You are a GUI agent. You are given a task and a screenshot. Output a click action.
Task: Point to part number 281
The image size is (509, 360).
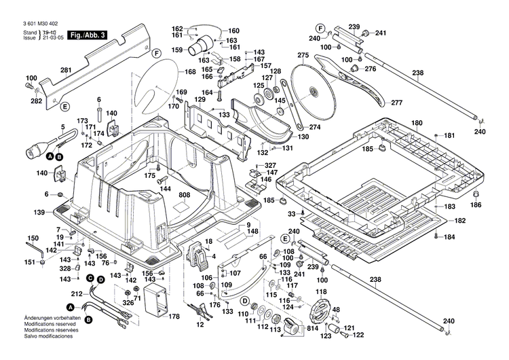click(65, 70)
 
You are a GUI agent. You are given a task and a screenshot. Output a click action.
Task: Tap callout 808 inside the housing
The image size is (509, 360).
click(184, 196)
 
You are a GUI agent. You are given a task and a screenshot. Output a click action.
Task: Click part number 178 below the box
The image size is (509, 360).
click(174, 317)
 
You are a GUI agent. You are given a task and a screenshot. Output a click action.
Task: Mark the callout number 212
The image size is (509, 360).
click(77, 293)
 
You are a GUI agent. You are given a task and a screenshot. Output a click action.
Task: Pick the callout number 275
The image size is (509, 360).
click(303, 54)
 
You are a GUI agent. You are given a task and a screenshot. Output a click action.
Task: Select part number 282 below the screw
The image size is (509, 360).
click(36, 102)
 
